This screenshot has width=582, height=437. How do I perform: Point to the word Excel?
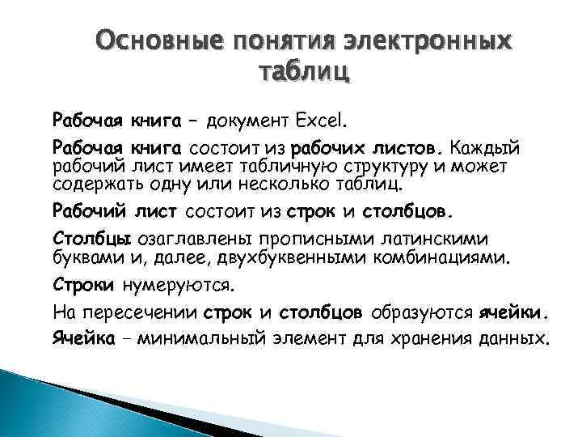point(320,121)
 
